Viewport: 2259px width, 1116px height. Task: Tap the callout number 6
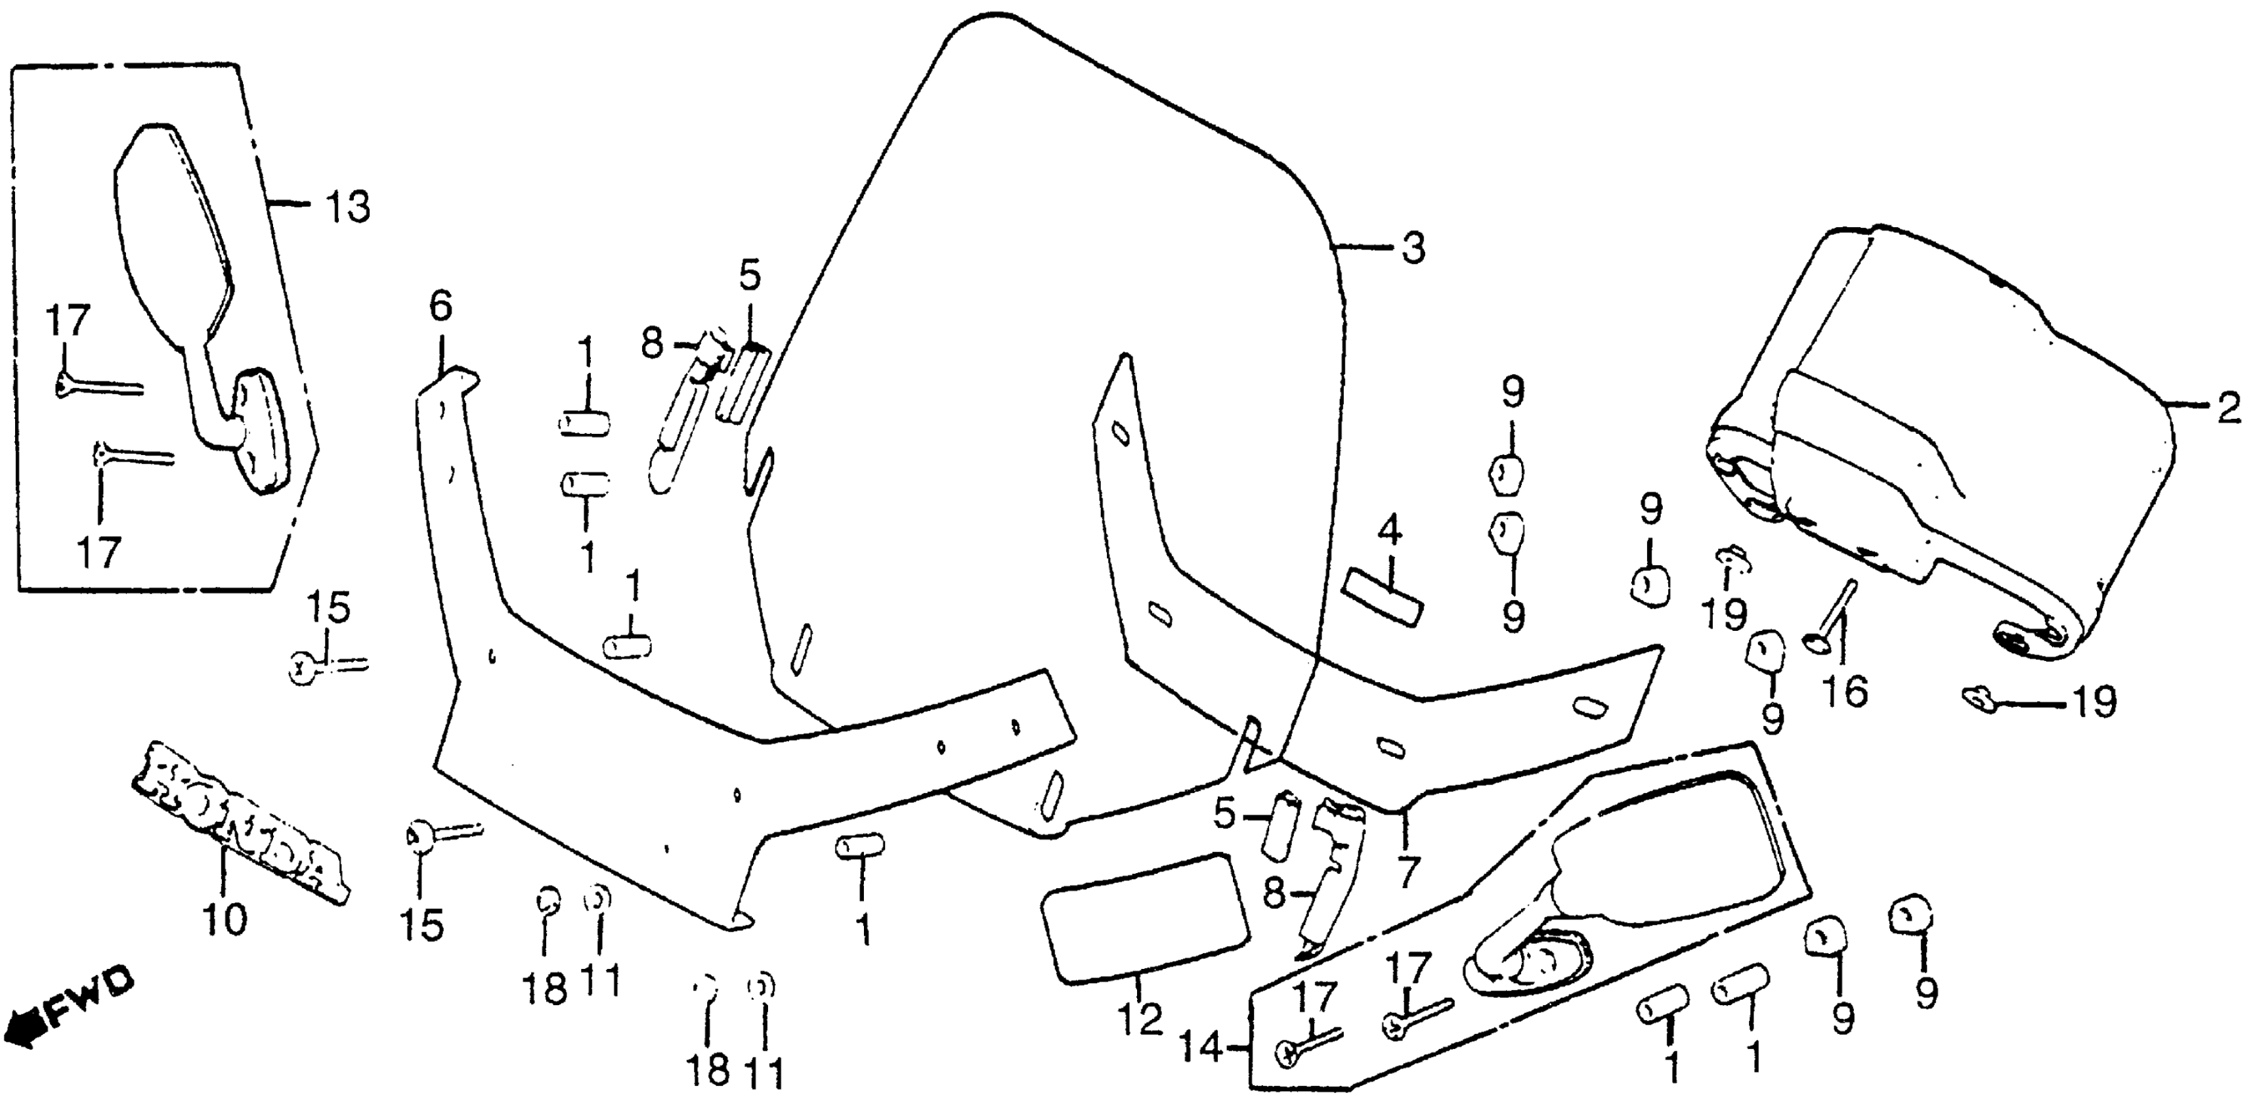441,306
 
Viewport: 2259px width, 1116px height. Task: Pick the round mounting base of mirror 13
263,429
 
